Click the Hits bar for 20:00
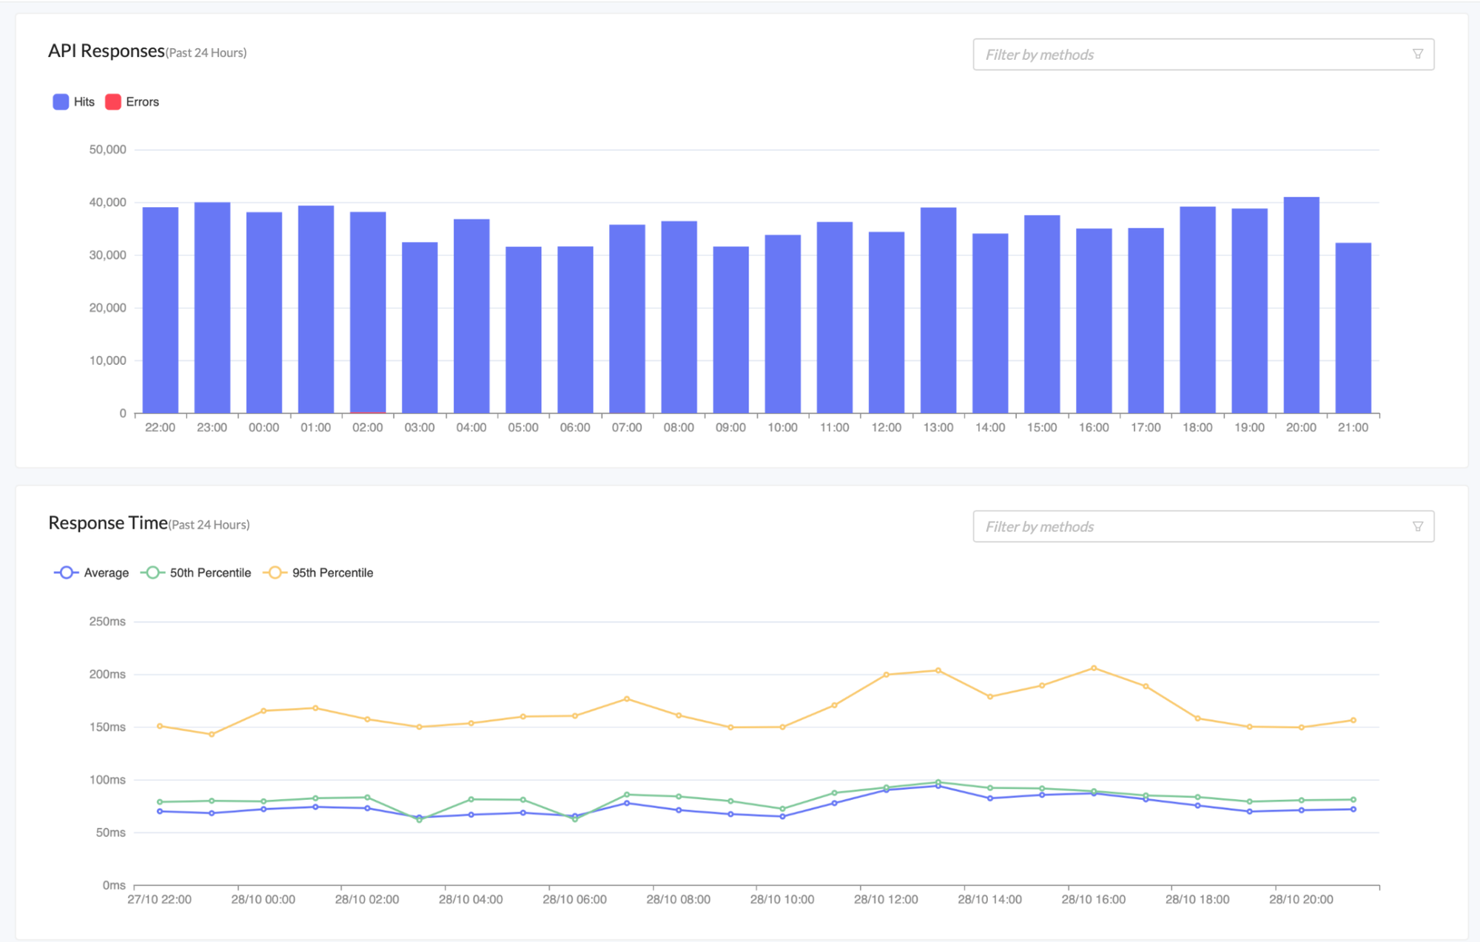1301,305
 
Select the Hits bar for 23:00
212,307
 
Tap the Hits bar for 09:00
731,329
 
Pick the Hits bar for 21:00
1353,328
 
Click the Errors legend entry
132,102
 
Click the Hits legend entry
74,102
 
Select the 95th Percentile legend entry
319,573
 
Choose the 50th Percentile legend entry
196,573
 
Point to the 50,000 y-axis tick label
107,149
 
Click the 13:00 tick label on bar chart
938,428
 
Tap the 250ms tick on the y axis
107,622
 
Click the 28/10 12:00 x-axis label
886,899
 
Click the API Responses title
107,51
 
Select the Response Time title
108,523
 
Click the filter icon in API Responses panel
1417,54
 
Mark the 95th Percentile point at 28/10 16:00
1094,668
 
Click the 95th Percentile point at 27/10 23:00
212,735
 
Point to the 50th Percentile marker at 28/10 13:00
938,782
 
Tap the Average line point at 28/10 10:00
782,817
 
